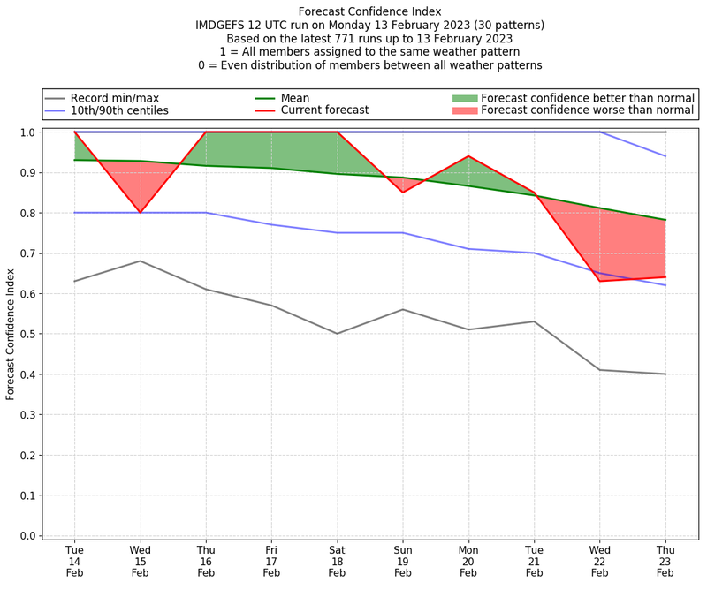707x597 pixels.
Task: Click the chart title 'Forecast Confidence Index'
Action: tap(369, 11)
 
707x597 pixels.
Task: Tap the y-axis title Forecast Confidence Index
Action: tap(11, 333)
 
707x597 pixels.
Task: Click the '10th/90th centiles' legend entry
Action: tap(119, 111)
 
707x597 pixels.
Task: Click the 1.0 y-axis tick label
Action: tap(27, 132)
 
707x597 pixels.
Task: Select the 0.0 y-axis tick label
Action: tap(27, 536)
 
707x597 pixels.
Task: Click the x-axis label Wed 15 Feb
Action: tap(140, 562)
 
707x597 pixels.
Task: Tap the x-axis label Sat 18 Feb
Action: tap(337, 562)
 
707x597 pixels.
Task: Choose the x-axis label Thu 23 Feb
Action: tap(665, 562)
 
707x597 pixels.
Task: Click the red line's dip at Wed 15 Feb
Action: tap(140, 213)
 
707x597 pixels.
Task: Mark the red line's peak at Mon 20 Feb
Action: tap(468, 156)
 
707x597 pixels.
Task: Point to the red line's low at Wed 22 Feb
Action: tap(600, 281)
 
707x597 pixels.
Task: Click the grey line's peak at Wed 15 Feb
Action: tap(140, 261)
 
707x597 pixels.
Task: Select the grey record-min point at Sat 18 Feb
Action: tap(337, 334)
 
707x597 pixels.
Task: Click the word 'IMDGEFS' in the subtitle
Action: tap(221, 26)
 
